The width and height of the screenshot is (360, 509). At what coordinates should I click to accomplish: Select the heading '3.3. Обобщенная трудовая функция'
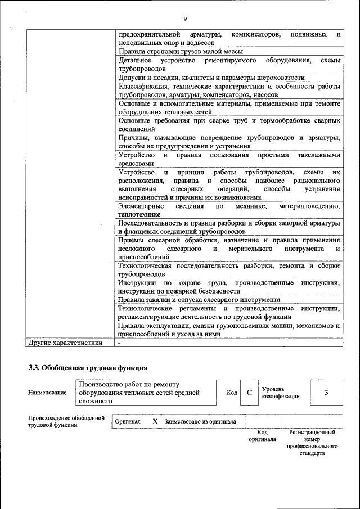(x=88, y=368)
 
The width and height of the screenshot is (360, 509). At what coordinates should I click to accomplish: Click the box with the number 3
(x=326, y=393)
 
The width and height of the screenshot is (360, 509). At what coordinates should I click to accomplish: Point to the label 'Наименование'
(x=47, y=393)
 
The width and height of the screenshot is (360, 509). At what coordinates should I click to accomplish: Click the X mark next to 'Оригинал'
(x=155, y=421)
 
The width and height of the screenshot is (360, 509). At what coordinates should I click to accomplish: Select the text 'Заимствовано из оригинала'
(x=200, y=421)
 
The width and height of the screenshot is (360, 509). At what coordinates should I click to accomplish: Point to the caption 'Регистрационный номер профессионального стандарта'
(x=312, y=442)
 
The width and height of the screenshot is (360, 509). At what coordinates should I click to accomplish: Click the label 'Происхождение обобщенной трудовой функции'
(x=66, y=421)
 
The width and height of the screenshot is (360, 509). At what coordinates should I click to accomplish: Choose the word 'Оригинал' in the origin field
(x=127, y=421)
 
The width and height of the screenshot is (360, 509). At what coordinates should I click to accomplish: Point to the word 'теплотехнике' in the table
(x=139, y=214)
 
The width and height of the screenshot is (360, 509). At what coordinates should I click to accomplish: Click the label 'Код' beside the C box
(x=231, y=393)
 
